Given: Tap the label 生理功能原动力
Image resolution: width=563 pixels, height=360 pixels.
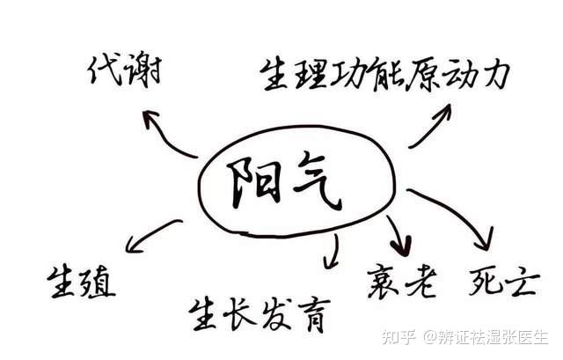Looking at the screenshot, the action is click(x=384, y=73).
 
